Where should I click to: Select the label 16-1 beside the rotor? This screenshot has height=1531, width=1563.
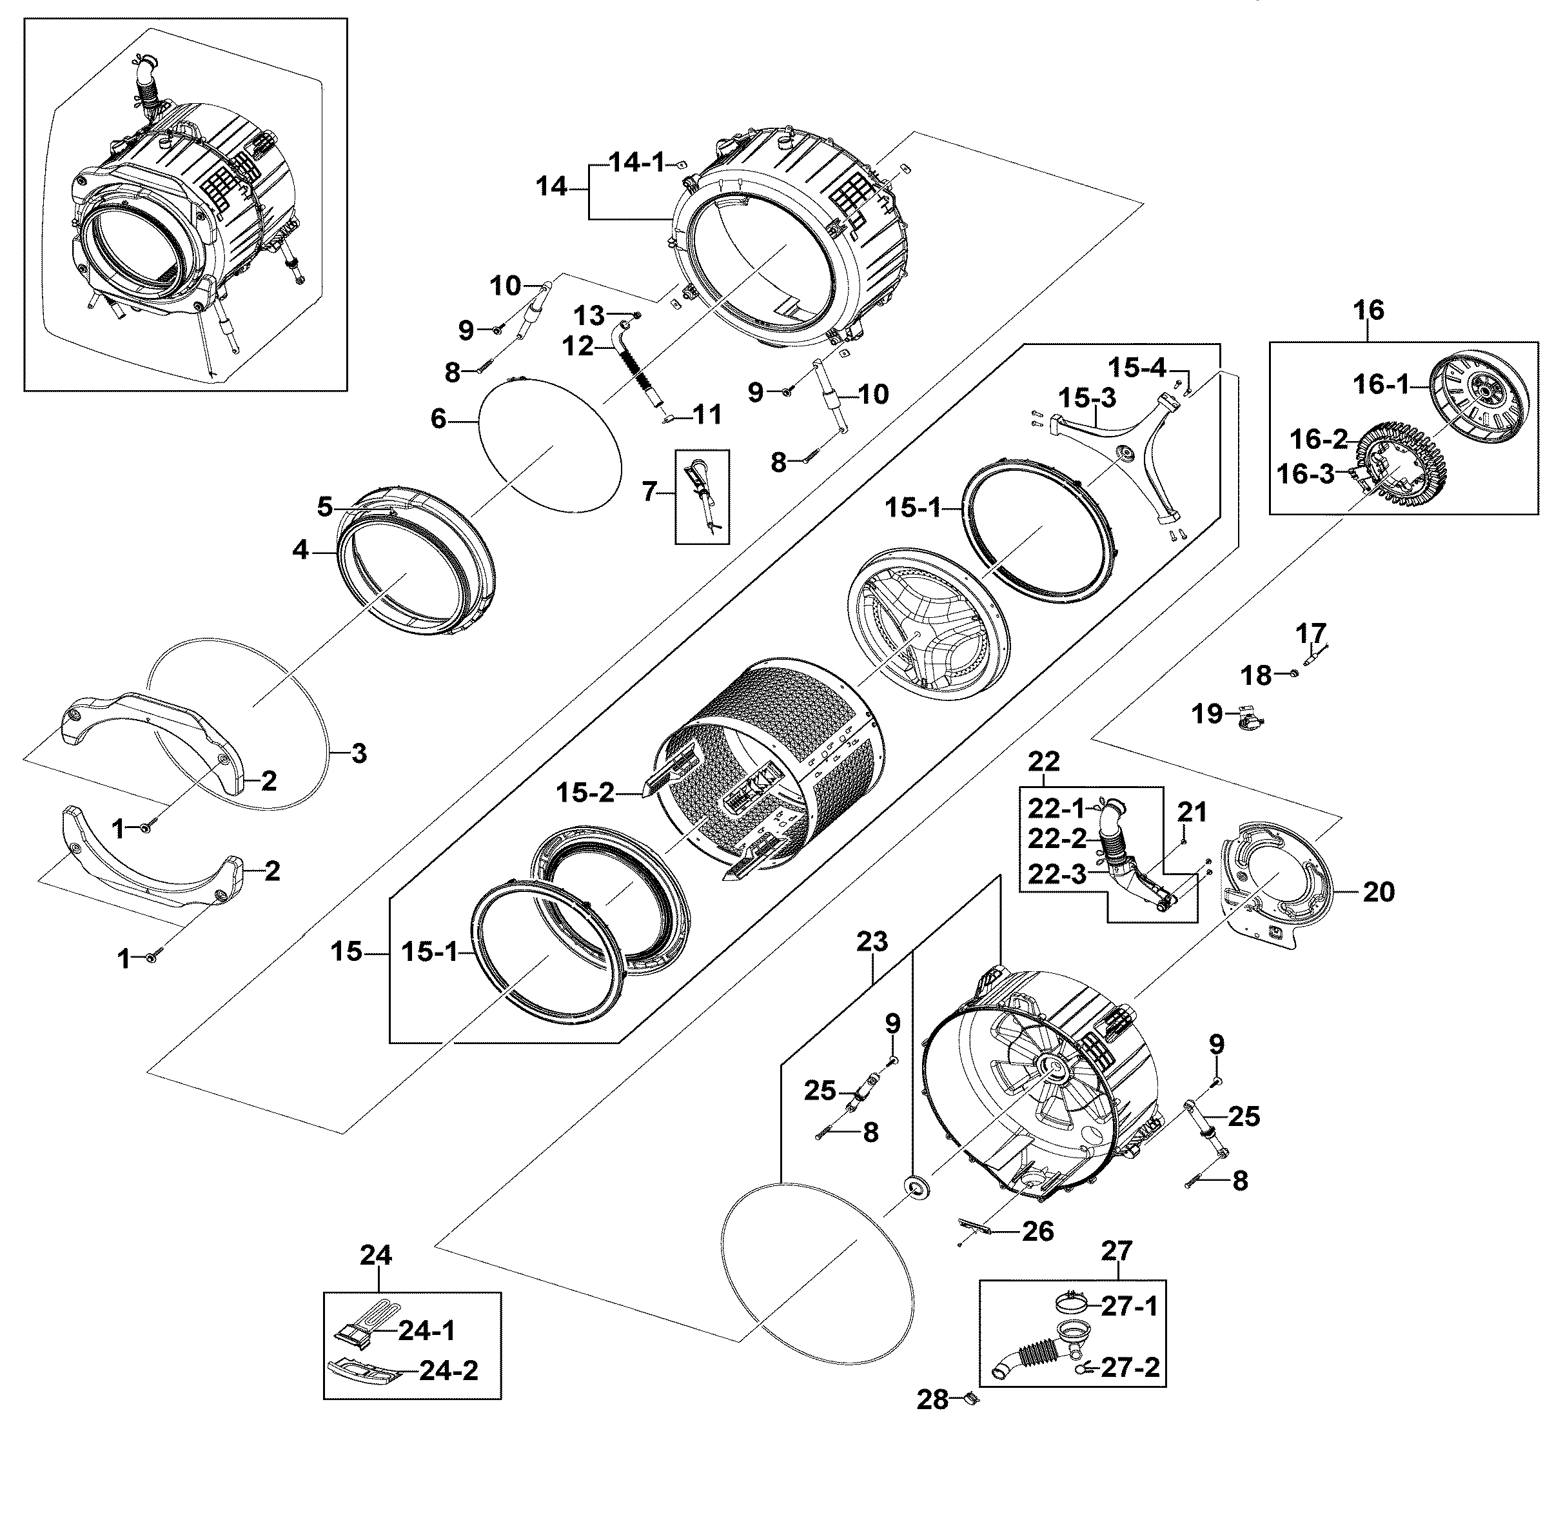[x=1381, y=384]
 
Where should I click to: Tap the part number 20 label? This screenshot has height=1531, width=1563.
[x=1378, y=892]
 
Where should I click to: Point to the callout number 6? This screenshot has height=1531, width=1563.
[x=438, y=419]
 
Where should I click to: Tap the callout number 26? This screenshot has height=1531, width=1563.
[x=1037, y=1231]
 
